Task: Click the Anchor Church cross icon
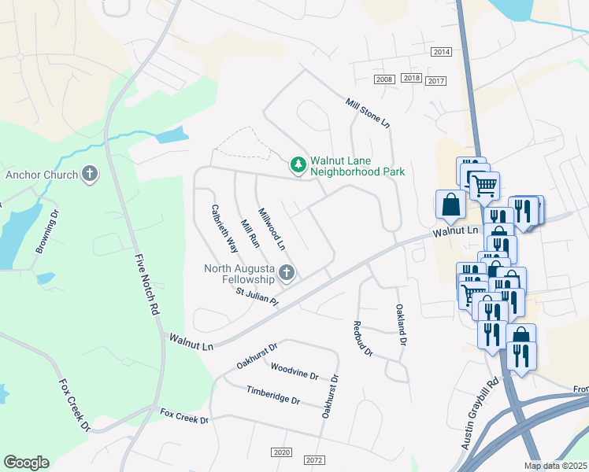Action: tap(90, 174)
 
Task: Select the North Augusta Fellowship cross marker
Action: tap(287, 274)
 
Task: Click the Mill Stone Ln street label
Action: tap(368, 113)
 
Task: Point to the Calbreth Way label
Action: tap(224, 228)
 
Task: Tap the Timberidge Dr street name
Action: tap(273, 396)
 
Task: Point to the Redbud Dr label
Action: tap(362, 338)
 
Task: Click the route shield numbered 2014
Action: tap(441, 52)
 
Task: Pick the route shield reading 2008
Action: tap(384, 79)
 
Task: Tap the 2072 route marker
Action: tap(313, 459)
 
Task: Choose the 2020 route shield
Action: tap(281, 452)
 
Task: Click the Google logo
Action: tap(26, 463)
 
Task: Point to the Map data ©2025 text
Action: tap(555, 466)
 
